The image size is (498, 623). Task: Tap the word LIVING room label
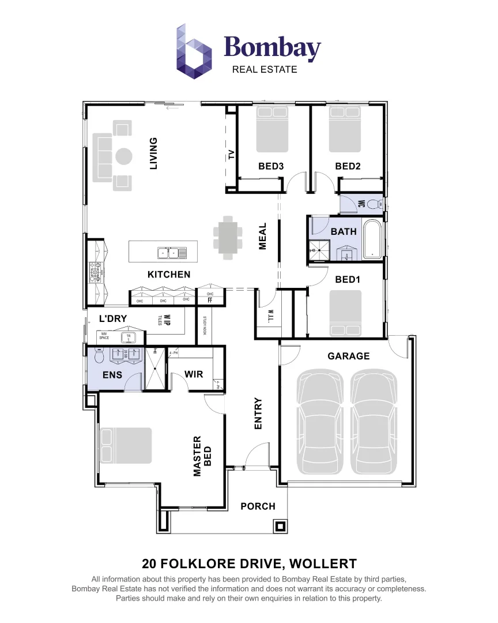[x=153, y=153]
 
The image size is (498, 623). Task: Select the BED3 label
[x=271, y=166]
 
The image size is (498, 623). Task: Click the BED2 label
[x=348, y=166]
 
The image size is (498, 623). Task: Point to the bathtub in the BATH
[x=372, y=238]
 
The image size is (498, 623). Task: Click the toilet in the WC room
[x=374, y=204]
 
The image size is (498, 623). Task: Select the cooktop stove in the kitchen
[x=95, y=271]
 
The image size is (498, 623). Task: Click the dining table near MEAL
[x=227, y=236]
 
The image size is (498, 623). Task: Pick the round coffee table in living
[x=124, y=156]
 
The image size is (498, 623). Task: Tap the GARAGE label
[x=348, y=356]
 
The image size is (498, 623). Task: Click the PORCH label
[x=258, y=506]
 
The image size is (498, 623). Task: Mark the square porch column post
[x=281, y=526]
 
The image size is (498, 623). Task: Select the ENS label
[x=112, y=375]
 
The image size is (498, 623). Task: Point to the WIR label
[x=194, y=374]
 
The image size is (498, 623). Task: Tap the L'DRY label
[x=113, y=318]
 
